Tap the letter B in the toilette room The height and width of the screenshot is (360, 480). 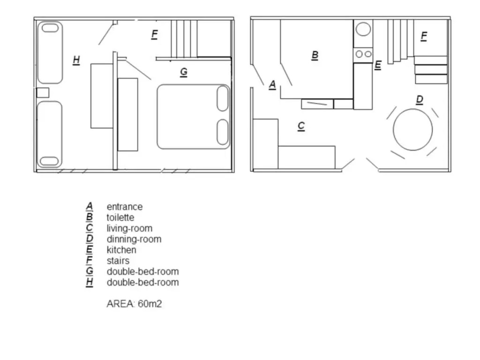pos(315,56)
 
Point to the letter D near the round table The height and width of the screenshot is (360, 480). pos(420,100)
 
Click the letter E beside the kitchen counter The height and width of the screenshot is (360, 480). pos(378,65)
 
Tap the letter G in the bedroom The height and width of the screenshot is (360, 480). pos(184,72)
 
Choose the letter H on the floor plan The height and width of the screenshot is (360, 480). pos(76,60)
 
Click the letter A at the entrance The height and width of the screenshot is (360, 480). pos(272,84)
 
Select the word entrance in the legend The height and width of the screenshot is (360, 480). pos(125,207)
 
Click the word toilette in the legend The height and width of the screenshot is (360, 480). pos(120,217)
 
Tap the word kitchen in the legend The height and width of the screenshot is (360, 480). pos(121,250)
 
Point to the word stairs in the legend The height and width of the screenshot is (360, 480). pos(118,261)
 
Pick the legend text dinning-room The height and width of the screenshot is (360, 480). pos(134,239)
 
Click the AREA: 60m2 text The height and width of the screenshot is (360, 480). pos(134,304)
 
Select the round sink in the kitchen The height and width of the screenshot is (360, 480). pos(363,29)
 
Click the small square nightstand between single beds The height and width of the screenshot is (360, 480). pos(43,93)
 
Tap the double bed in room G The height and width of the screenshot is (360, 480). pos(194,117)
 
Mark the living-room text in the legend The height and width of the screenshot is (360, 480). pos(129,228)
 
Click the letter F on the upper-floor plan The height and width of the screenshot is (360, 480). pos(155,35)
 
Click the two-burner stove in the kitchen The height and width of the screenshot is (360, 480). pos(363,54)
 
